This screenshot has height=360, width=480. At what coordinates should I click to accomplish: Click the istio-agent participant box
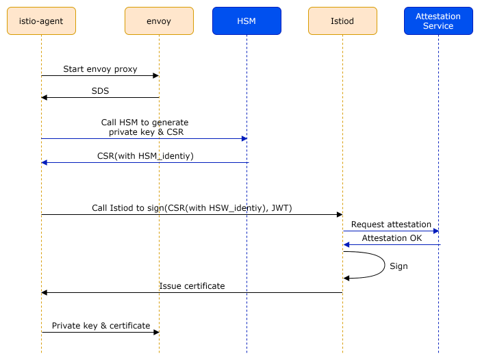pyautogui.click(x=41, y=21)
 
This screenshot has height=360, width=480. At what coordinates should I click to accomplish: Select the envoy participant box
pyautogui.click(x=159, y=21)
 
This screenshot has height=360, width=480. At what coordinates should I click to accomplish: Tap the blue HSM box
pyautogui.click(x=247, y=21)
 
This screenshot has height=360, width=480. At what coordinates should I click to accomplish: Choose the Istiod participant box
pyautogui.click(x=342, y=21)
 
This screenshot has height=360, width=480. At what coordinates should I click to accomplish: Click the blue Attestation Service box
pyautogui.click(x=438, y=21)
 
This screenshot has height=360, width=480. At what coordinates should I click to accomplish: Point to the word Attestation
pyautogui.click(x=438, y=16)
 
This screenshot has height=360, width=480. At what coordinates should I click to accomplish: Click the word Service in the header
pyautogui.click(x=438, y=26)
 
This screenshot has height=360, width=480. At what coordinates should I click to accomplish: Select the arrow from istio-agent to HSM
pyautogui.click(x=137, y=139)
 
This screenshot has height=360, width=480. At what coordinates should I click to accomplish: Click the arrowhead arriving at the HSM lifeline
pyautogui.click(x=244, y=139)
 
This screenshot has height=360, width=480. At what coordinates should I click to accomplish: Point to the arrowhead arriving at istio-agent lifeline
pyautogui.click(x=45, y=163)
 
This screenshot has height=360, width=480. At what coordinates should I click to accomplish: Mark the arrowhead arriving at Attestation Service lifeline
pyautogui.click(x=435, y=231)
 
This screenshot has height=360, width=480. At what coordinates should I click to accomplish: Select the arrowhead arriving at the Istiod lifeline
pyautogui.click(x=346, y=245)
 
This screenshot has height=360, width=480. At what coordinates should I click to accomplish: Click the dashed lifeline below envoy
pyautogui.click(x=159, y=287)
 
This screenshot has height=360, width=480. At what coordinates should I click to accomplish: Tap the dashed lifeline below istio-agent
pyautogui.click(x=41, y=287)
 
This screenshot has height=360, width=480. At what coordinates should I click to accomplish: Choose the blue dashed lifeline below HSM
pyautogui.click(x=247, y=287)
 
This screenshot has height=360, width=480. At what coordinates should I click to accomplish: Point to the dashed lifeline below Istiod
pyautogui.click(x=342, y=301)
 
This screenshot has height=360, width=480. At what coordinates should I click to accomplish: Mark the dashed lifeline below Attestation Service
pyautogui.click(x=438, y=301)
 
